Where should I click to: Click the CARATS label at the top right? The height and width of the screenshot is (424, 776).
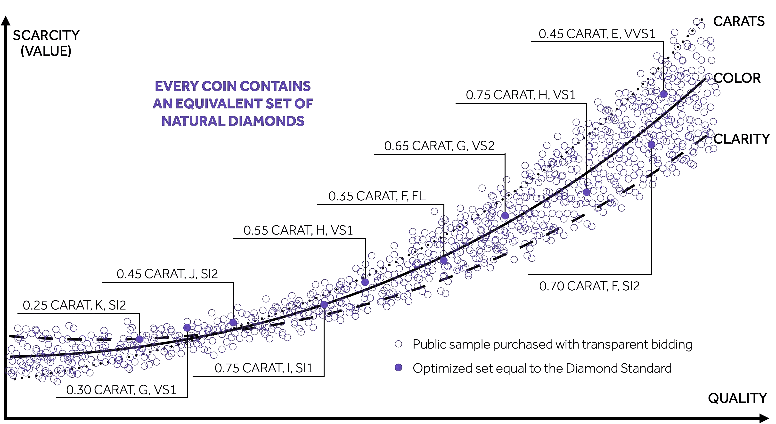click(x=739, y=21)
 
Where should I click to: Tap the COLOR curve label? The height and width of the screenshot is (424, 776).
click(x=737, y=78)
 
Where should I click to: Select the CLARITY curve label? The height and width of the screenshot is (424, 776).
click(x=741, y=139)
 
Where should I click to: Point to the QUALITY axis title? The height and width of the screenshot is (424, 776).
click(x=737, y=398)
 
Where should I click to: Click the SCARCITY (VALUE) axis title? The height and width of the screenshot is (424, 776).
click(x=46, y=43)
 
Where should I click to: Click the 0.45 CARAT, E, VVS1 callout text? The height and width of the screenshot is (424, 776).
click(x=597, y=34)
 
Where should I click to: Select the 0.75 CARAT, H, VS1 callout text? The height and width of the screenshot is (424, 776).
click(x=521, y=95)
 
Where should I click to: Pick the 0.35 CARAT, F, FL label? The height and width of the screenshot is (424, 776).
click(x=377, y=196)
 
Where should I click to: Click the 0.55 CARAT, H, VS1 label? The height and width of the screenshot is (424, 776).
click(x=298, y=230)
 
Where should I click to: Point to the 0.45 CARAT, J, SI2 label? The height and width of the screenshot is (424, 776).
click(x=167, y=274)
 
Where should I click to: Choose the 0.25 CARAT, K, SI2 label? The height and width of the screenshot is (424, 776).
click(x=74, y=305)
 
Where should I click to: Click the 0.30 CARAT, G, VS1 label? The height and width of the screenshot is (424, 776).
click(x=121, y=390)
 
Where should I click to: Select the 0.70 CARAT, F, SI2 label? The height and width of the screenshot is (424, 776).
click(x=589, y=286)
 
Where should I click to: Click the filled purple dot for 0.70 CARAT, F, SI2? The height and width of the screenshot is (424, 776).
click(x=651, y=145)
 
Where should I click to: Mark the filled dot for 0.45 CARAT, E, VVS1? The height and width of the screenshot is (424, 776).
click(x=664, y=94)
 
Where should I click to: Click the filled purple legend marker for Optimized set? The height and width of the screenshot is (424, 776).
click(x=399, y=367)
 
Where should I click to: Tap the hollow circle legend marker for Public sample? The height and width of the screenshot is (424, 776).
click(x=399, y=344)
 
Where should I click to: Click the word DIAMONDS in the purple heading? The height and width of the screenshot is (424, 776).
click(x=266, y=121)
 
